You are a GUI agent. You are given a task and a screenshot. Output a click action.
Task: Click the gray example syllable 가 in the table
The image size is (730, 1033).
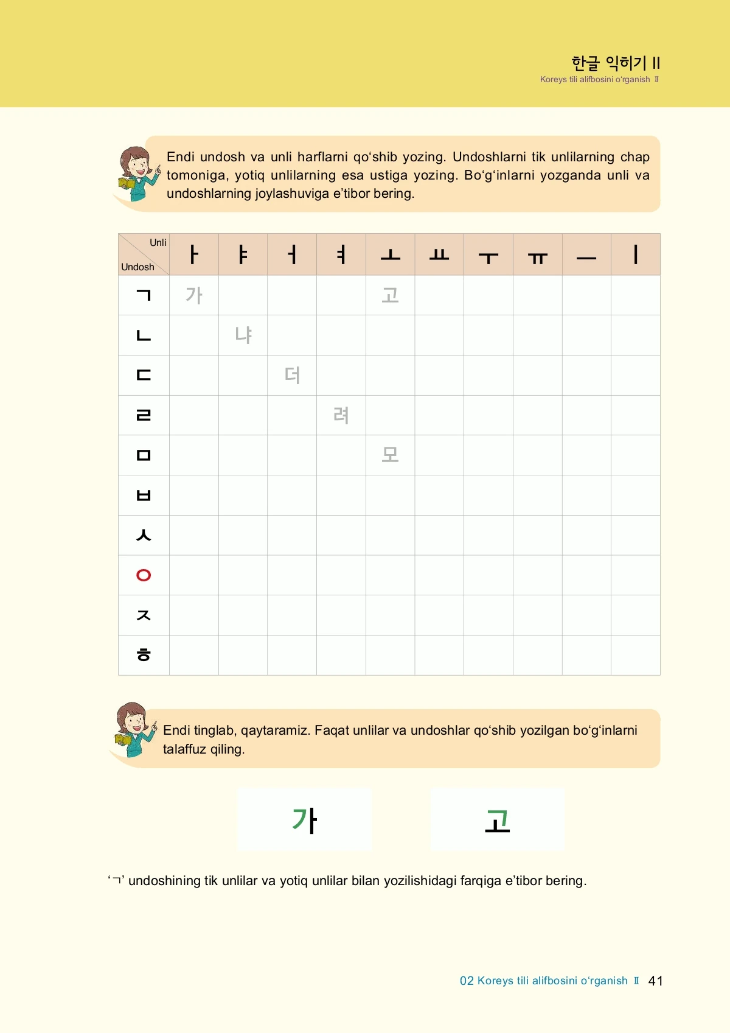pyautogui.click(x=194, y=295)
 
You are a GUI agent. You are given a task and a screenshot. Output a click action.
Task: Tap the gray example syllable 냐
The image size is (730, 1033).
pyautogui.click(x=243, y=335)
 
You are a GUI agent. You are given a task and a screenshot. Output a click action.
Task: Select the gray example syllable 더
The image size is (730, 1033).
pyautogui.click(x=292, y=375)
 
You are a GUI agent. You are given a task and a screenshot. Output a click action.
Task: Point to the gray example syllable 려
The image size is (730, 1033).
pyautogui.click(x=341, y=415)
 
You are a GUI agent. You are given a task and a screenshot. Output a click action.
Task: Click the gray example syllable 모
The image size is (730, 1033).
pyautogui.click(x=390, y=455)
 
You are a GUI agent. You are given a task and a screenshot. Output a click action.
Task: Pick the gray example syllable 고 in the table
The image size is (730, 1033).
pyautogui.click(x=390, y=295)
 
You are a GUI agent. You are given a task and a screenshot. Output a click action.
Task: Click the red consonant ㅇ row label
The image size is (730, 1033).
pyautogui.click(x=144, y=575)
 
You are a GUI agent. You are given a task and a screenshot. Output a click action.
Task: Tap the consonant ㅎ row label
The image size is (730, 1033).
pyautogui.click(x=144, y=655)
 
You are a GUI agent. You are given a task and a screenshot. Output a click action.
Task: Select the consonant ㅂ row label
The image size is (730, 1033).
pyautogui.click(x=144, y=495)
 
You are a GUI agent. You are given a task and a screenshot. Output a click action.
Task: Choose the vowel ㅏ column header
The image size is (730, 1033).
pyautogui.click(x=194, y=254)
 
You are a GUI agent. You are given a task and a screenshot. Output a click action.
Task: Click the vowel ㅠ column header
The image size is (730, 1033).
pyautogui.click(x=538, y=258)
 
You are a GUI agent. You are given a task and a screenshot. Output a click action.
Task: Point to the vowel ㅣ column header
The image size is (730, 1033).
pyautogui.click(x=636, y=254)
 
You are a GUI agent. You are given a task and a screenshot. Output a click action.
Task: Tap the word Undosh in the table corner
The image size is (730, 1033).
pyautogui.click(x=137, y=267)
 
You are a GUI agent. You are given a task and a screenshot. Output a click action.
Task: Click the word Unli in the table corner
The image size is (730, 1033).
pyautogui.click(x=158, y=243)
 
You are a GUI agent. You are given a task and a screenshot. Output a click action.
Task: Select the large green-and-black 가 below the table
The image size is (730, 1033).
pyautogui.click(x=304, y=820)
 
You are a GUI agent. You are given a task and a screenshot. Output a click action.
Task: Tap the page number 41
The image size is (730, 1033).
pyautogui.click(x=656, y=981)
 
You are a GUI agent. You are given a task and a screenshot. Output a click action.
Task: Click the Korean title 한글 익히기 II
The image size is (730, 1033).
pyautogui.click(x=616, y=63)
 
